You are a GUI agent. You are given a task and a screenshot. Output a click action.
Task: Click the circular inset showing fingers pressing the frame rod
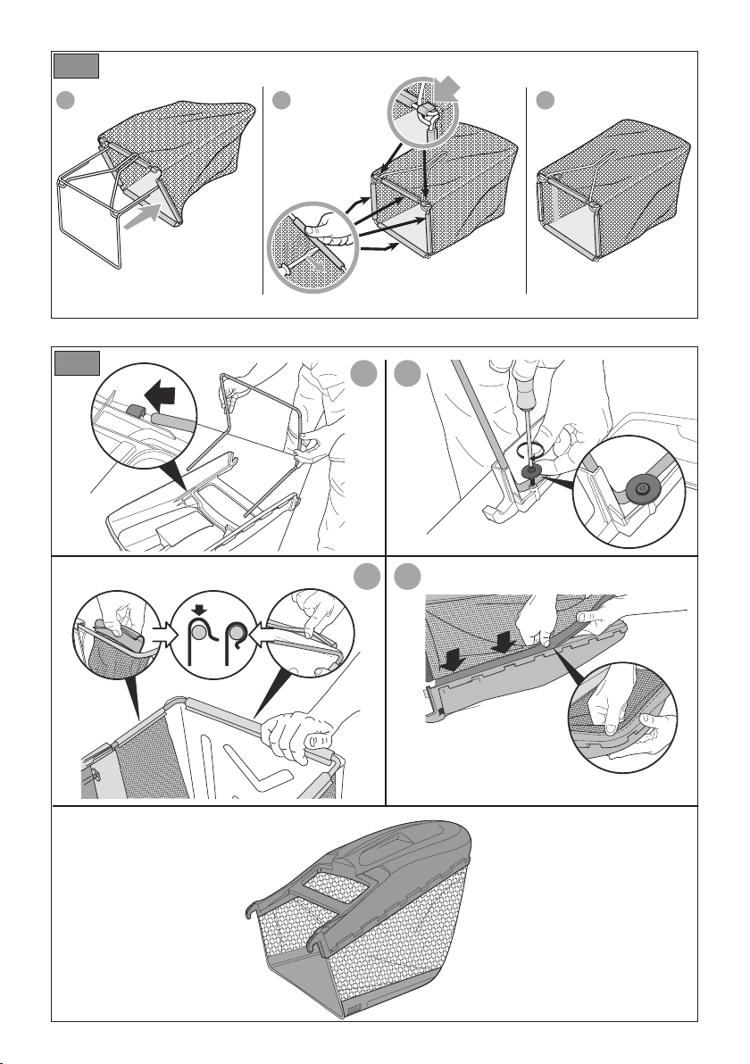pyautogui.click(x=312, y=245)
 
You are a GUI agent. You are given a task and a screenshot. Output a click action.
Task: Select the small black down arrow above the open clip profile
pyautogui.click(x=201, y=612)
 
